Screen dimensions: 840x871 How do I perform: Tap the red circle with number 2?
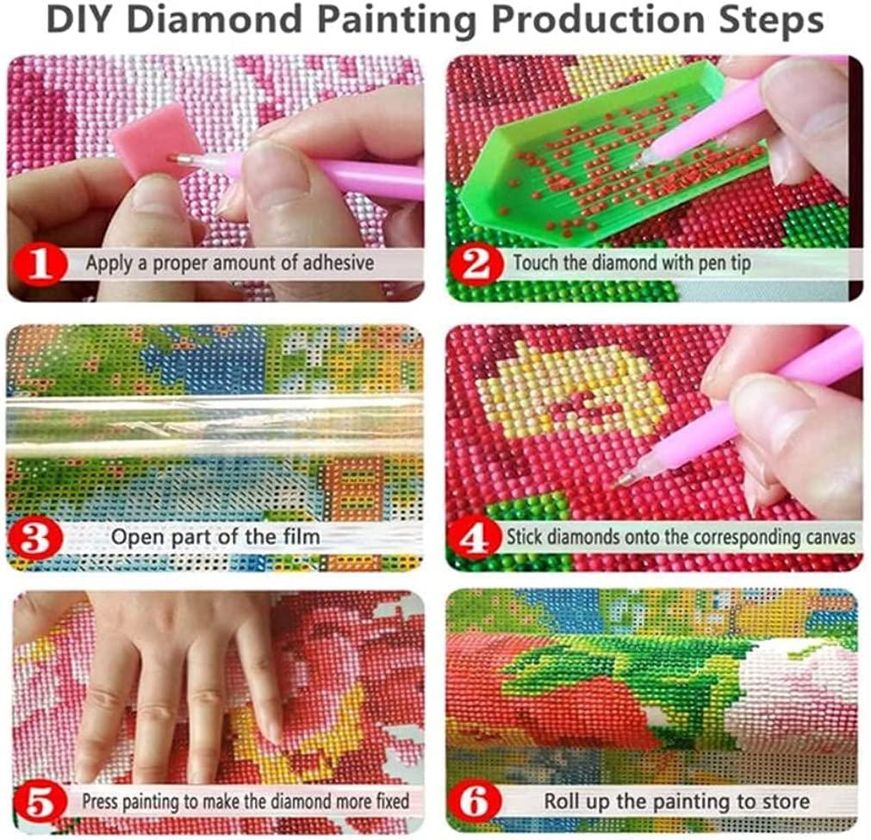tap(476, 263)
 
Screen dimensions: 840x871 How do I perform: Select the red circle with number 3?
tap(38, 537)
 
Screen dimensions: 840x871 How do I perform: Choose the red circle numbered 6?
tap(477, 802)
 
